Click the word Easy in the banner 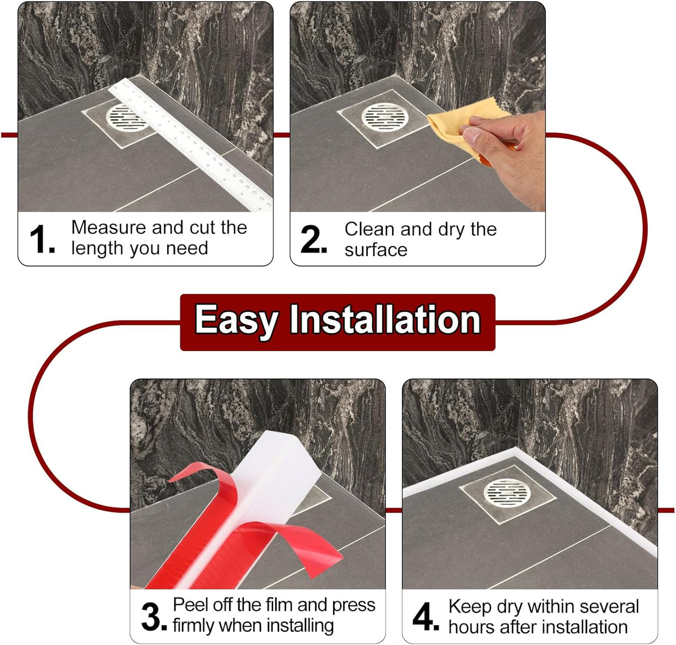click(236, 321)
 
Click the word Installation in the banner click(385, 321)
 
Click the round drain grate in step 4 click(507, 494)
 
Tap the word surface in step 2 click(376, 250)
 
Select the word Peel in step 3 click(189, 605)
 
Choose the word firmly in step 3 click(193, 625)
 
